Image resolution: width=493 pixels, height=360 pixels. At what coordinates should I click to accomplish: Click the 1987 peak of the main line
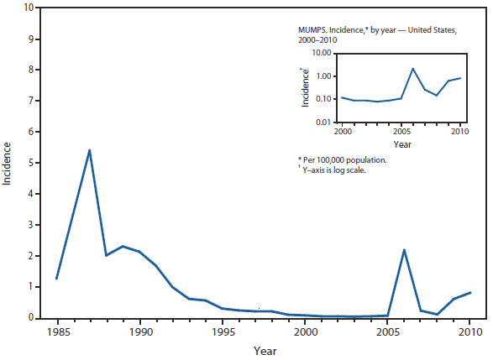(89, 150)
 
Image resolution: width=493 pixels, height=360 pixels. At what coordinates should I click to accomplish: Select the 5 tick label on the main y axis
(30, 163)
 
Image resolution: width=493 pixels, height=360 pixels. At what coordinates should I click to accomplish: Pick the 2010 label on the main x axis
(471, 331)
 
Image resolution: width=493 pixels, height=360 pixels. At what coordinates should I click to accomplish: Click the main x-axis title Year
(263, 351)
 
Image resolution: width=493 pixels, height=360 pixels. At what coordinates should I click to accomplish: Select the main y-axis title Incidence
(8, 163)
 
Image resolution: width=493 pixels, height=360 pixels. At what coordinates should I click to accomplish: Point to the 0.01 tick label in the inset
(323, 123)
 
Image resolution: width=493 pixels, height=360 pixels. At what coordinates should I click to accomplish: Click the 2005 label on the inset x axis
(401, 133)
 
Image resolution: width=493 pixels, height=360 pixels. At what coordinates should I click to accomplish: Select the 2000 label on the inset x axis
(342, 133)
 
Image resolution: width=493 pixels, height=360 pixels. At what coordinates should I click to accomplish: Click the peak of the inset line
(412, 69)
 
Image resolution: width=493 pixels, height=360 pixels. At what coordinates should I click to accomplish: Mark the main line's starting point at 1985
(56, 279)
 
